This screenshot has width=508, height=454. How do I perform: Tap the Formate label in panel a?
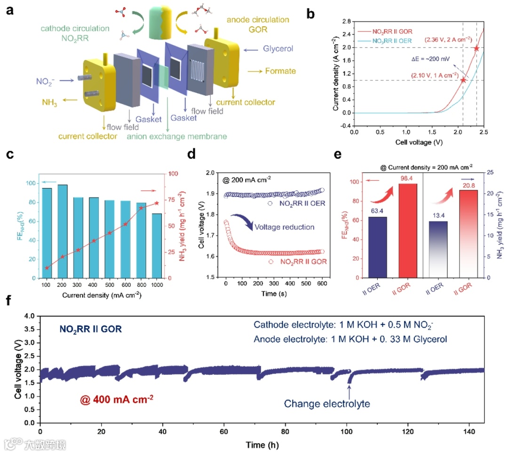(x=280, y=71)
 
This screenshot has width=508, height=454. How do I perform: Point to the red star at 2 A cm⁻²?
(x=476, y=48)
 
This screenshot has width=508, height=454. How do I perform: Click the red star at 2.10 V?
(x=463, y=80)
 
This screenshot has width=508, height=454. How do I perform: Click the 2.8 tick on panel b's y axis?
(x=347, y=21)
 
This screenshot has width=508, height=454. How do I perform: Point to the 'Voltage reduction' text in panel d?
(x=284, y=227)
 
